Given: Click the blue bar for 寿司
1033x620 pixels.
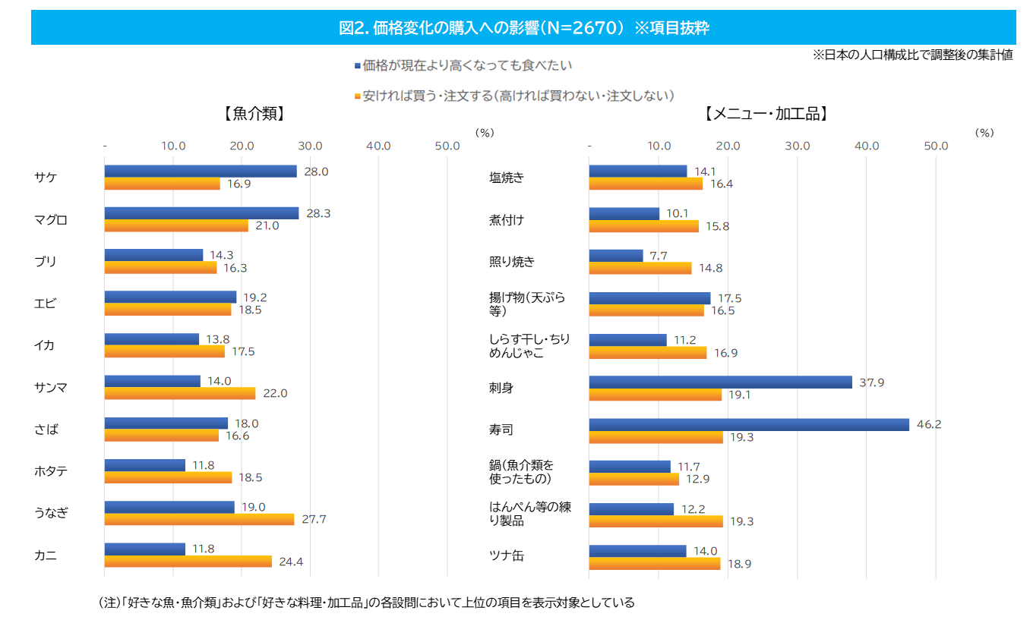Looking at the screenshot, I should pyautogui.click(x=749, y=425).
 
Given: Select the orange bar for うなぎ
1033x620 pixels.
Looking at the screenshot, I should pyautogui.click(x=199, y=520).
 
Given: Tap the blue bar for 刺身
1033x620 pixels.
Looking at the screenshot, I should pyautogui.click(x=720, y=382).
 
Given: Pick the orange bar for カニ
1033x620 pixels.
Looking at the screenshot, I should pyautogui.click(x=188, y=562).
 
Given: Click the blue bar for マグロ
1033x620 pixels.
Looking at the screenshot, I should pyautogui.click(x=201, y=213).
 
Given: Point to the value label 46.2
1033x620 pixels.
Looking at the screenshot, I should pyautogui.click(x=928, y=425).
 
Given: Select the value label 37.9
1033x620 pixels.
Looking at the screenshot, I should pyautogui.click(x=871, y=382).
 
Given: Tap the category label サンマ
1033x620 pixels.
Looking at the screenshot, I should pyautogui.click(x=51, y=387).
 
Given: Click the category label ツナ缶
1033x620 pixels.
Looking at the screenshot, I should pyautogui.click(x=506, y=555).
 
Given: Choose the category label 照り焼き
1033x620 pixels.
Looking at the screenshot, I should pyautogui.click(x=511, y=262).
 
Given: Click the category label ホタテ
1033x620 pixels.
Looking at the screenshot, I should pyautogui.click(x=51, y=471).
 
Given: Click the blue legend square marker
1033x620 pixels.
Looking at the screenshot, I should pyautogui.click(x=357, y=66).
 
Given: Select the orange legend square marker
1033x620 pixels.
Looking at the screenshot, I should pyautogui.click(x=357, y=96).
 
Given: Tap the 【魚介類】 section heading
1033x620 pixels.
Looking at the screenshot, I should pyautogui.click(x=254, y=114).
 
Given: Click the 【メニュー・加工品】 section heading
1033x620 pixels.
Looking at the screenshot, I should pyautogui.click(x=766, y=114).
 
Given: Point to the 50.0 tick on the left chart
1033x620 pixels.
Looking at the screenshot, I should pyautogui.click(x=447, y=146).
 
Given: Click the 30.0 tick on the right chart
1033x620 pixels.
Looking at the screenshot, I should pyautogui.click(x=797, y=146).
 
